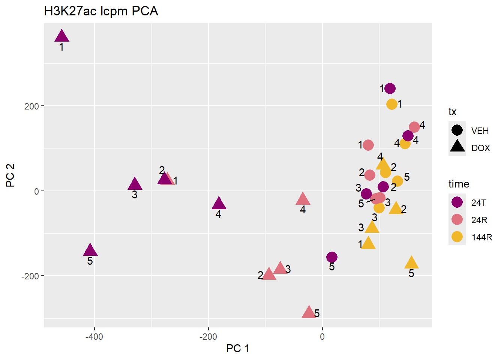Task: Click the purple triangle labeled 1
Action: [62, 36]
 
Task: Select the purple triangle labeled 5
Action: [90, 250]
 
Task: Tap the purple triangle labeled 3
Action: [135, 184]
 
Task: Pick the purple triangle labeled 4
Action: [219, 204]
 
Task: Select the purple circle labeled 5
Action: [332, 257]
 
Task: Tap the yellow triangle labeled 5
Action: [411, 263]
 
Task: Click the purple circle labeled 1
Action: [390, 88]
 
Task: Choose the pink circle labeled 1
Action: [368, 145]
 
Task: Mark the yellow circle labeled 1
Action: [392, 104]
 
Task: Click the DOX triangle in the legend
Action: [457, 147]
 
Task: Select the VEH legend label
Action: [480, 131]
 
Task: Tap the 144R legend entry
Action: [481, 237]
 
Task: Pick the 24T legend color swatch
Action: [457, 202]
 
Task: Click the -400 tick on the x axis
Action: [94, 337]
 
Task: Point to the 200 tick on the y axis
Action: [32, 106]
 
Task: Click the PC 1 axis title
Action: [238, 349]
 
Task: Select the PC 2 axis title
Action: [10, 175]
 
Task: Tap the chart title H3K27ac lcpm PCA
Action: [101, 11]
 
